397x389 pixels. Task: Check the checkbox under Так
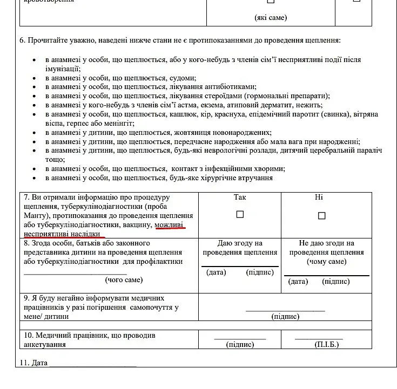click(240, 214)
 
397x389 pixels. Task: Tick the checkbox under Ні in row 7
click(322, 216)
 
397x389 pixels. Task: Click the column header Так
click(240, 197)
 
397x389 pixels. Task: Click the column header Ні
click(319, 197)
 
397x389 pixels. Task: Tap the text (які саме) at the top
click(271, 17)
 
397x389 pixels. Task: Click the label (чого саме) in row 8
click(124, 280)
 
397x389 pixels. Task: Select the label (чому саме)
click(326, 262)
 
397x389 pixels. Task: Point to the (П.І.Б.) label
click(327, 345)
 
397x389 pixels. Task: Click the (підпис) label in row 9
click(285, 317)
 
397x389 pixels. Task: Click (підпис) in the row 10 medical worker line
click(240, 345)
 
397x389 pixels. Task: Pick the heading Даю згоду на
click(239, 243)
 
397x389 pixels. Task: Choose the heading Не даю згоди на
click(326, 243)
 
